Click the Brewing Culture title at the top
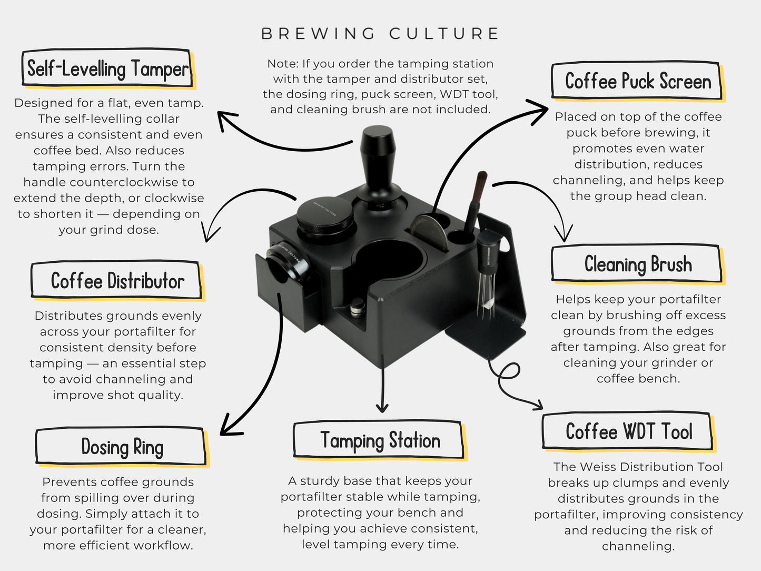(380, 34)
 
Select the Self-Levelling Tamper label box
(107, 68)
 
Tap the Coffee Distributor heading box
(117, 281)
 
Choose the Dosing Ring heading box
(122, 447)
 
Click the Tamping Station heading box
(380, 440)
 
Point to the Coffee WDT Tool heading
(628, 431)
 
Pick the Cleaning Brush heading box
(637, 264)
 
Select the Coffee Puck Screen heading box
(637, 82)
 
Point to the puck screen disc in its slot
(429, 232)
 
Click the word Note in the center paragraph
(282, 64)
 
